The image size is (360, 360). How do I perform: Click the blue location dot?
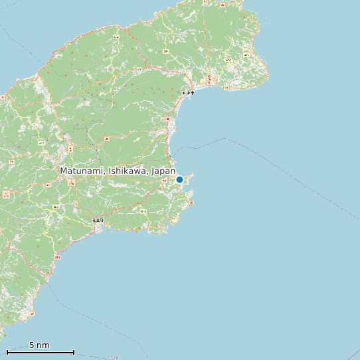pos(179,179)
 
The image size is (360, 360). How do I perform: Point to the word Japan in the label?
pos(163,171)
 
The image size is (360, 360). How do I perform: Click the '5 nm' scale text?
pos(39,345)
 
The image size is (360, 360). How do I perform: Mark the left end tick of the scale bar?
pos(7,352)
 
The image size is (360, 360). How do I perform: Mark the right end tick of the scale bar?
pos(74,352)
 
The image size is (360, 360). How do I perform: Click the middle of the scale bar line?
pos(40,352)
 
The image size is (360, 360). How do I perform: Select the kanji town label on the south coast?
pos(98,221)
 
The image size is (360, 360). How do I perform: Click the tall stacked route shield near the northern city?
pos(210,80)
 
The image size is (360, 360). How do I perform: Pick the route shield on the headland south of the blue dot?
pos(189,201)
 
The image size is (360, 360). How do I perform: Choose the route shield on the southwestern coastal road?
pos(57,257)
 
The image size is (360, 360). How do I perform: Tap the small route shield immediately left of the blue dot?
pos(164,179)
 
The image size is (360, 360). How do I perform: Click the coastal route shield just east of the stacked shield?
pos(226,87)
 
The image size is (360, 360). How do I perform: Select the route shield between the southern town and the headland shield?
pos(143,212)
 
